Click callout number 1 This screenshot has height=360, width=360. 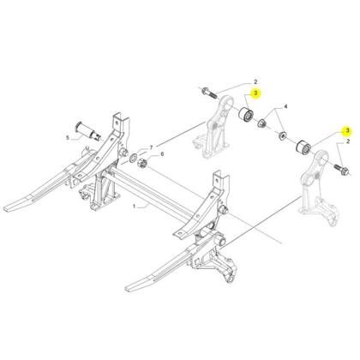135,206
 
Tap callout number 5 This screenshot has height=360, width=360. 68,138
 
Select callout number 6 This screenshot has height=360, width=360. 162,154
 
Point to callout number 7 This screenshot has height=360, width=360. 152,147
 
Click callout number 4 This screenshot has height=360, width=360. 285,107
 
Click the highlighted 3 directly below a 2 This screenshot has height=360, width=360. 255,93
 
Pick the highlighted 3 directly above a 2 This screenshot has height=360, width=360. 347,130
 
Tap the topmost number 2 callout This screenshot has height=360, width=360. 255,81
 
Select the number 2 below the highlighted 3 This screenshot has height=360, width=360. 348,141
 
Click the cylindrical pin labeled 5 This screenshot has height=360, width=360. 88,131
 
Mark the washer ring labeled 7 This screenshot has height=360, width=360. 133,158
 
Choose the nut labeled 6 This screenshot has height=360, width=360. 142,164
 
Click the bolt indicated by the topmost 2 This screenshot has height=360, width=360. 209,93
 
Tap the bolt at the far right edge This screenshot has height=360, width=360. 341,169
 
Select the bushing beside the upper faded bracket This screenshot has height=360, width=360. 246,115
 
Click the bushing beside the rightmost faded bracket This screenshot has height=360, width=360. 303,147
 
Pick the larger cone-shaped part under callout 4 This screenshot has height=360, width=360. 261,123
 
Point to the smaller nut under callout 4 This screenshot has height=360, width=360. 283,135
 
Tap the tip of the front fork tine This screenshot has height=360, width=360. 127,288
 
